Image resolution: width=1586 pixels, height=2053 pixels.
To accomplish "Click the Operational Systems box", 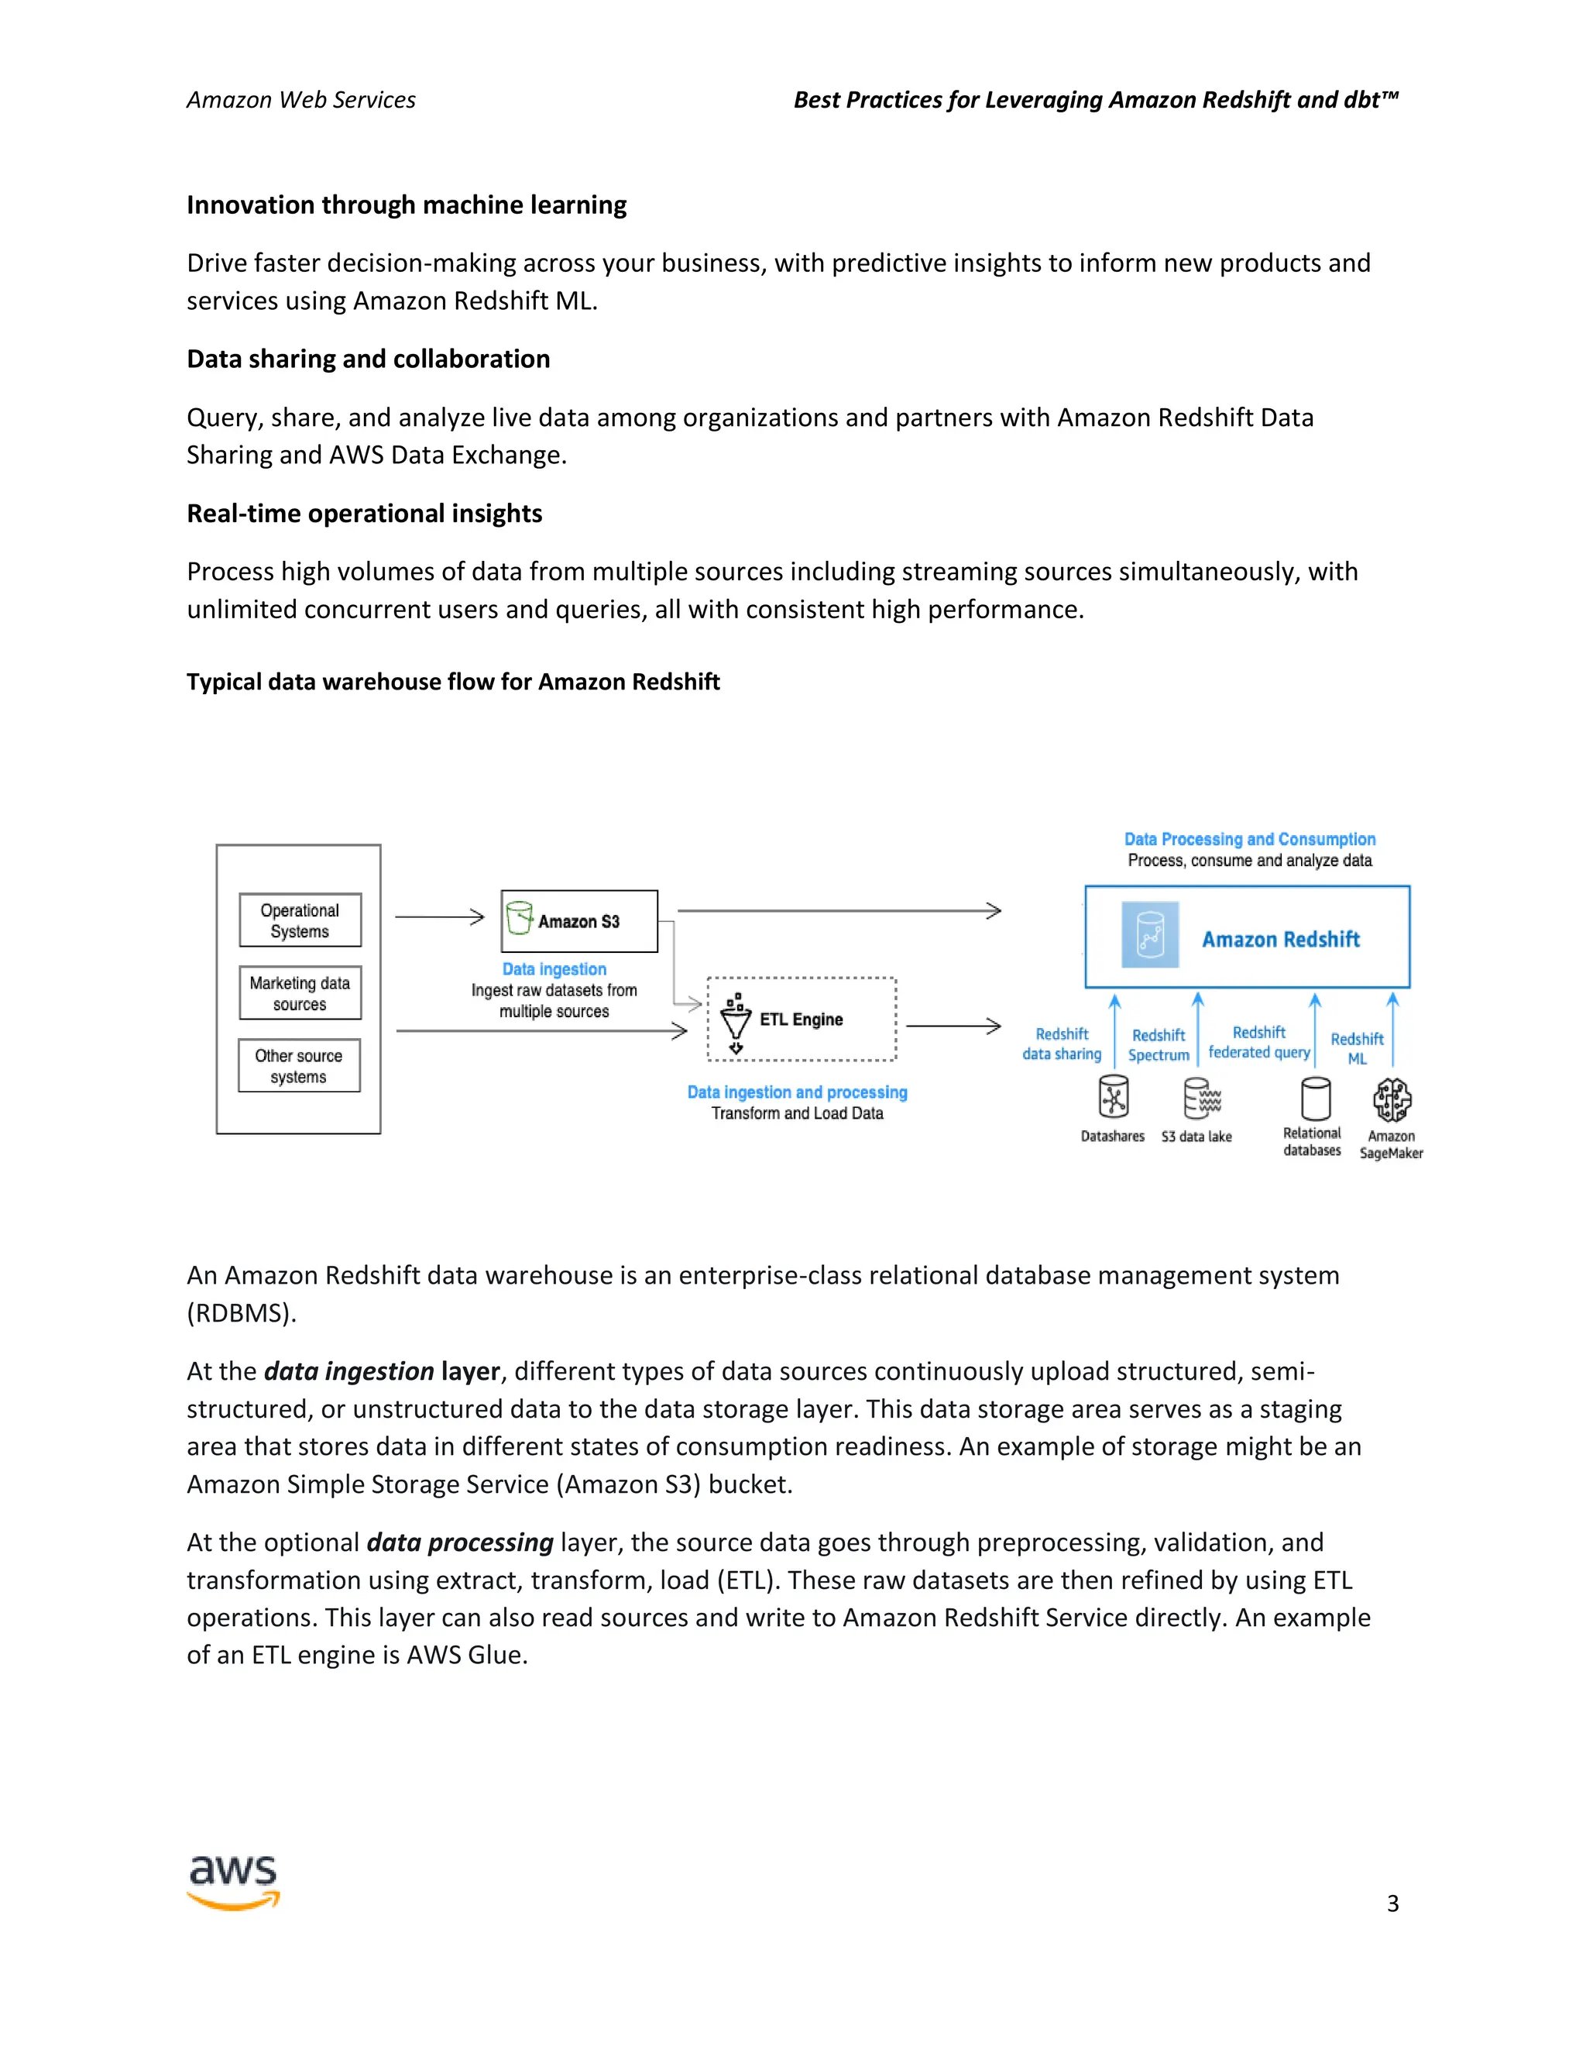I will (x=300, y=920).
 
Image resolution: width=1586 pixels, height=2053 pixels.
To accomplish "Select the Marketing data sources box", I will (x=300, y=992).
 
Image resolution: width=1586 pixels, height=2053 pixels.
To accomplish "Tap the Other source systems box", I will (x=299, y=1066).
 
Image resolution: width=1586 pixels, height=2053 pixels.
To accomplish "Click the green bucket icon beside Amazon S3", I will (x=519, y=918).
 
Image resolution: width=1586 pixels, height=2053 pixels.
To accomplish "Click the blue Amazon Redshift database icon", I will (x=1150, y=935).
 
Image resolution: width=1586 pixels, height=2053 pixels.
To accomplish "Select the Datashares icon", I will (x=1114, y=1097).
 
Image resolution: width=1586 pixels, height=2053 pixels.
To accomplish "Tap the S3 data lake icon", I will (x=1201, y=1098).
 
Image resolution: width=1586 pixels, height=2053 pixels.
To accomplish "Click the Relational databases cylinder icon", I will (x=1316, y=1098).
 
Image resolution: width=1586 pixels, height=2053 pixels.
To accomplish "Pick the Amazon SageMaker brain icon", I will (x=1392, y=1099).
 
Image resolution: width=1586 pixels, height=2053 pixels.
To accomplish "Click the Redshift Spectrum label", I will (x=1159, y=1045).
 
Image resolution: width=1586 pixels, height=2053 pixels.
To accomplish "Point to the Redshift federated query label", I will (x=1259, y=1043).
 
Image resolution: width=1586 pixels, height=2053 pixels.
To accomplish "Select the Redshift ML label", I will (x=1357, y=1048).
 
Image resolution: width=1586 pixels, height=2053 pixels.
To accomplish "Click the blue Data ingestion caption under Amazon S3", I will (x=554, y=969).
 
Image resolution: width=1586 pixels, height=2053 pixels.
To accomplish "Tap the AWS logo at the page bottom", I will (x=234, y=1882).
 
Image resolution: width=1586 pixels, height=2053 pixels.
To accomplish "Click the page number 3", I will (x=1392, y=1903).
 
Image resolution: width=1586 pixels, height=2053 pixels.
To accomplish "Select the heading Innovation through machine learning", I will (x=406, y=205).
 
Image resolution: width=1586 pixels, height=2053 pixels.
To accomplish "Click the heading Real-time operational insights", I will (x=364, y=513).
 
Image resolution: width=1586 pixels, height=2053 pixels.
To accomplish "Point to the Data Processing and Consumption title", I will (x=1250, y=840).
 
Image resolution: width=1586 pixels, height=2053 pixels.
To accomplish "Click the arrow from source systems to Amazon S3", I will (x=439, y=916).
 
